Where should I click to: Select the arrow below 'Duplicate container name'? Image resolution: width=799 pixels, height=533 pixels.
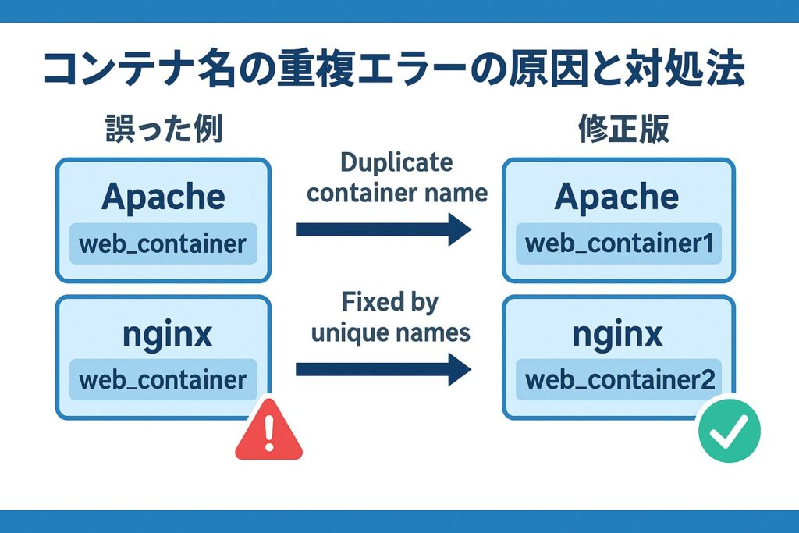[x=383, y=230]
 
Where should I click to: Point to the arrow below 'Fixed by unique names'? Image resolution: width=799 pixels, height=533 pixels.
[x=383, y=368]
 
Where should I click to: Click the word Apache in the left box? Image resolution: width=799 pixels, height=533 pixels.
[x=163, y=197]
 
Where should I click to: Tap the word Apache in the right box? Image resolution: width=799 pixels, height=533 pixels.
[x=617, y=197]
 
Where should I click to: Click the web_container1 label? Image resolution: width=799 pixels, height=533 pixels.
[x=619, y=243]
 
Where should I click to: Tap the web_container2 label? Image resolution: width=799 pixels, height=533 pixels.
[x=619, y=380]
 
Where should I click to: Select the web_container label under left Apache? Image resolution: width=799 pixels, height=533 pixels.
[x=163, y=243]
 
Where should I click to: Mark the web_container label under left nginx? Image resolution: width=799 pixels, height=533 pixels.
[x=163, y=380]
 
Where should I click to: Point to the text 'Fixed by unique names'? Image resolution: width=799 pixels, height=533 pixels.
[x=390, y=317]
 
